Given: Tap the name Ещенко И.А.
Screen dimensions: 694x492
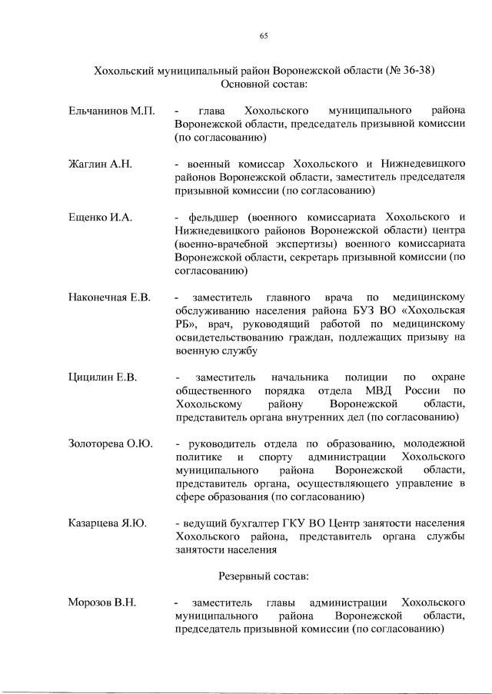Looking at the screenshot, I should [100, 217].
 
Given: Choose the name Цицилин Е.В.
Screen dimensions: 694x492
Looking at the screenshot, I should [102, 377].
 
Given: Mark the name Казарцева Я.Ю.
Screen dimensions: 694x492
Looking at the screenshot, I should [109, 523].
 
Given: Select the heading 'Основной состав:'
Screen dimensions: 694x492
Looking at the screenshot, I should [264, 84].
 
